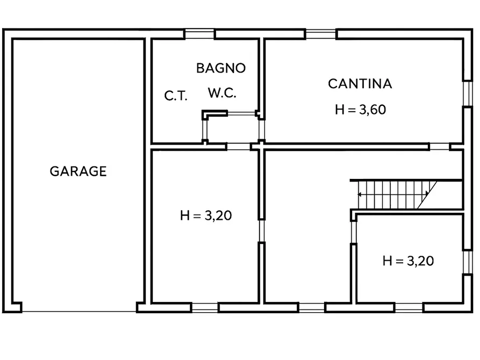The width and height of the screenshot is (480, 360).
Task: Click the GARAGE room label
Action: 78,171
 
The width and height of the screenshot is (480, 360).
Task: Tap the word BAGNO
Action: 220,68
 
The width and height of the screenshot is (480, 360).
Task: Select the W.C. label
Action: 222,93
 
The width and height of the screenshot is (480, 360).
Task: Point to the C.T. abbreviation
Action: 175,96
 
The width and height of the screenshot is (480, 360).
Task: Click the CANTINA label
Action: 360,84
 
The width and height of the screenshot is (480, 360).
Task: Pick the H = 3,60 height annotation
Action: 361,110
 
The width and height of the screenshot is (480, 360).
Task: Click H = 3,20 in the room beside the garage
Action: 206,215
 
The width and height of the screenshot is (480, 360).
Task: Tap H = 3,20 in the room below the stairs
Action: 408,261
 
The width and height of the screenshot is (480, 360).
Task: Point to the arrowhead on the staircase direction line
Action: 360,193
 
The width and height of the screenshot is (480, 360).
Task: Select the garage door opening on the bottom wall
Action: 79,311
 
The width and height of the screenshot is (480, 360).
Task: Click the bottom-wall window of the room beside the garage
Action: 205,307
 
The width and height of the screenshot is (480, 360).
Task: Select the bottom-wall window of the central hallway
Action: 312,307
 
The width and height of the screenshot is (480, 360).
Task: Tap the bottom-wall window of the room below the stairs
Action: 409,307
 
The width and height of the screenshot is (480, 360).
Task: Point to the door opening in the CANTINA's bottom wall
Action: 439,146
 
